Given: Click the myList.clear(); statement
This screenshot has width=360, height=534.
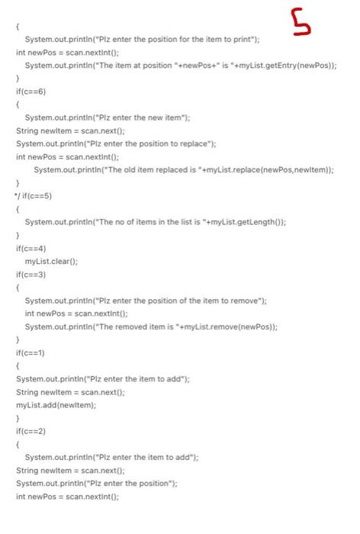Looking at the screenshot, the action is [51, 261].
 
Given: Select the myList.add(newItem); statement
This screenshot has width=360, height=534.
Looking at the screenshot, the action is [56, 405].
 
